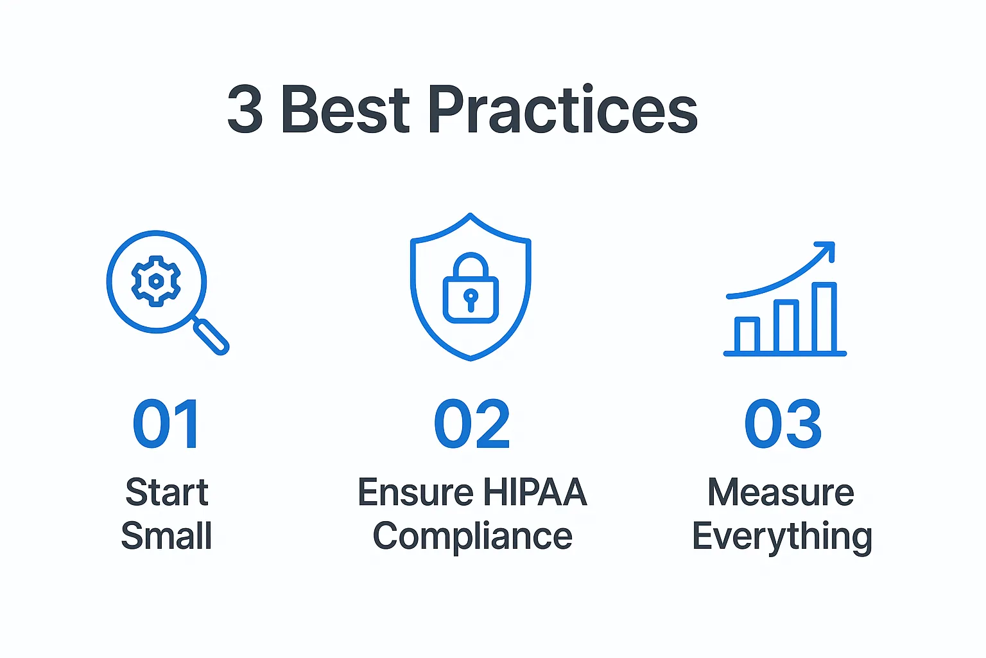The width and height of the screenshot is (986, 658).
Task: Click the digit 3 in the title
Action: [245, 110]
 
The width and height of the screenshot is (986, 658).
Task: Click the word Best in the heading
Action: [345, 110]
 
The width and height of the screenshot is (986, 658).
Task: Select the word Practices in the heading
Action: [562, 110]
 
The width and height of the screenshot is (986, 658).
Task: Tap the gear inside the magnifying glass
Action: [155, 281]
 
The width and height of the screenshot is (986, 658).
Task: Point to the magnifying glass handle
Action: [212, 337]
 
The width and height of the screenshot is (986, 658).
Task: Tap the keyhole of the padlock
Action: [471, 299]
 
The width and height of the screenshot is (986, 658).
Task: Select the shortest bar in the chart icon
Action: [747, 335]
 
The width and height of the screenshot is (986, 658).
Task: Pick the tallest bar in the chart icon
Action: [824, 317]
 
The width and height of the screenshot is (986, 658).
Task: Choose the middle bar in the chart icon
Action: [786, 326]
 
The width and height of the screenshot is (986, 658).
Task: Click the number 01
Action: [166, 424]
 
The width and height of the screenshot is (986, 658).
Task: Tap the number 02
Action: [472, 424]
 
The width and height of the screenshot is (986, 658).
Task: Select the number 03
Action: [783, 424]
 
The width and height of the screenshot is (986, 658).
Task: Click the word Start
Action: [167, 493]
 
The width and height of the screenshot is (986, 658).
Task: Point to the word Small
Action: [167, 536]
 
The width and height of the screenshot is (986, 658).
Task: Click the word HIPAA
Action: [535, 493]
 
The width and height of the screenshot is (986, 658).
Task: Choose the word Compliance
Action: [472, 536]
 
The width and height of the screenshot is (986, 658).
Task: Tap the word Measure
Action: [781, 493]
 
